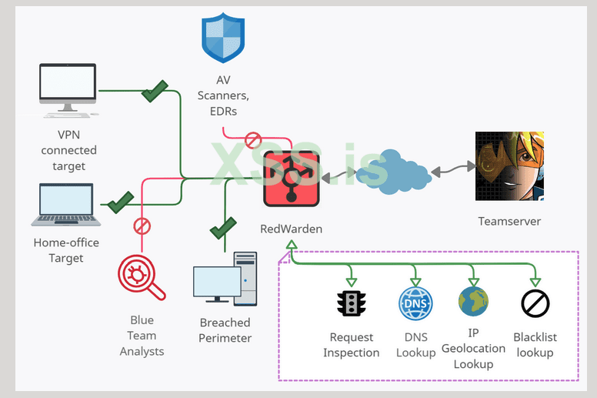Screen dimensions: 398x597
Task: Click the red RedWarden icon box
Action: (x=292, y=179)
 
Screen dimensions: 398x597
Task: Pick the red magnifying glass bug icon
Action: (x=142, y=278)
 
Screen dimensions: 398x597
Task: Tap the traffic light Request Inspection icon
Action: (x=351, y=303)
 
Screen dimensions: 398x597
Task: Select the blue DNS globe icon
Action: (x=415, y=303)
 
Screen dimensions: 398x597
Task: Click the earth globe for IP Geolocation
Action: (x=473, y=302)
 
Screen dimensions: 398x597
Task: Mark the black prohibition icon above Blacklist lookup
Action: (x=535, y=303)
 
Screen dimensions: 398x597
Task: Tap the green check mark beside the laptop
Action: (x=119, y=203)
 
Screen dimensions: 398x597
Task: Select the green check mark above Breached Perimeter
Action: (x=223, y=228)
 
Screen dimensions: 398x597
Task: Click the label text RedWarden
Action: (x=292, y=229)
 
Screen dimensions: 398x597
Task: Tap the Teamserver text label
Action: (x=509, y=222)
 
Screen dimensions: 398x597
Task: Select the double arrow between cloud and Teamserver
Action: (x=452, y=169)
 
